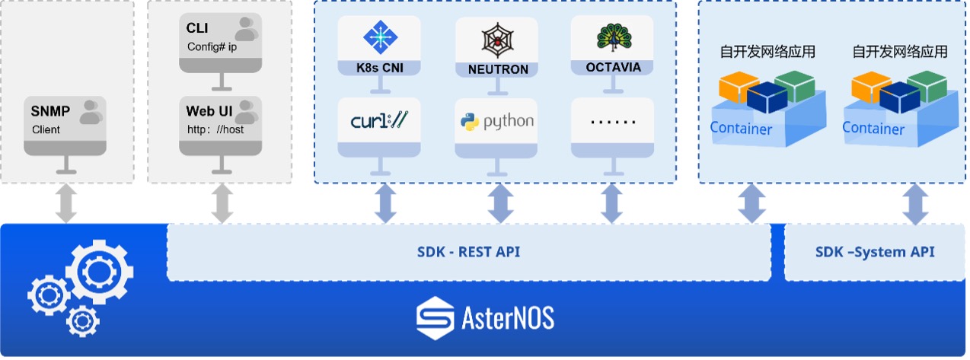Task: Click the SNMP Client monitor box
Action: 65,122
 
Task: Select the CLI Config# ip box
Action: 221,42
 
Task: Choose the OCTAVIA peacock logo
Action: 611,38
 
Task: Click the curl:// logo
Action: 378,120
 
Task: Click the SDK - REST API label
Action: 468,252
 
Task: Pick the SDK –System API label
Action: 875,252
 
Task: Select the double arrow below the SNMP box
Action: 66,203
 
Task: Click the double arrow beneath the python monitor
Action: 499,203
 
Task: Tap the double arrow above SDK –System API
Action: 915,203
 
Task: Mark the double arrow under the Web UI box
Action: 222,203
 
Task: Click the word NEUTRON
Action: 498,69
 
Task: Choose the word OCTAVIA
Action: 613,67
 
